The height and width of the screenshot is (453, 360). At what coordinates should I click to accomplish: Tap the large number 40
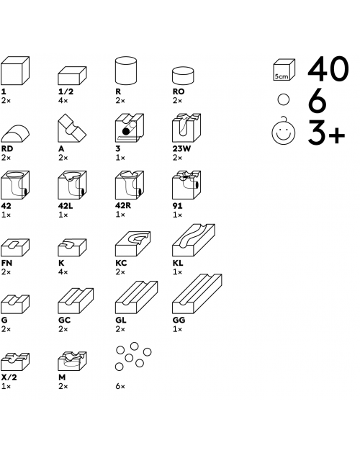coord(328,68)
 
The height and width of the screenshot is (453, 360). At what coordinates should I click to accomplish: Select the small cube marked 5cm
coord(284,70)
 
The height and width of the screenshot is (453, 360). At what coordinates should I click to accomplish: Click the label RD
coord(7,148)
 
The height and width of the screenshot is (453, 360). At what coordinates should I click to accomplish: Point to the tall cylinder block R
coord(126,71)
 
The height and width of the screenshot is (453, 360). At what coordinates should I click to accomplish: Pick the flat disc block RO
coord(183,76)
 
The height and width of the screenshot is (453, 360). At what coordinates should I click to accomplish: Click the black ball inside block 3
coord(126,132)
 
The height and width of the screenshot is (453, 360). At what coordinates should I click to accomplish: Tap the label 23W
coord(181,148)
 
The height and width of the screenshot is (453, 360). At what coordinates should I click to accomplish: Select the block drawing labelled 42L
coord(72,185)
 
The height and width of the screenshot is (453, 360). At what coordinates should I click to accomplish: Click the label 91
coord(177,206)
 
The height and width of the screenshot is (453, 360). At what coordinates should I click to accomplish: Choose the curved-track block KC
coord(133,244)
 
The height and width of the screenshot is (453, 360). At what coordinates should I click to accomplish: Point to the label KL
coord(178,263)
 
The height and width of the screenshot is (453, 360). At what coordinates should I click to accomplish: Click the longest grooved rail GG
coord(197,294)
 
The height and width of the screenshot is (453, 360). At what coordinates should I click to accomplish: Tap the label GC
coord(64,320)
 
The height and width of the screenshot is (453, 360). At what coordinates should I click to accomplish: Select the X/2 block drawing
coord(15,362)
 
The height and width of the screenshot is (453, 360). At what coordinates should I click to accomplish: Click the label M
coord(62,377)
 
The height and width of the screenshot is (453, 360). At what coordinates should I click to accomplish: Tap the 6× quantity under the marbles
coord(120,386)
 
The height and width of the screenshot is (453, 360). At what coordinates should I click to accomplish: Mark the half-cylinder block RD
coord(15,133)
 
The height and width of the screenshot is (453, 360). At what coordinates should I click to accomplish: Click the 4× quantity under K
coord(63,272)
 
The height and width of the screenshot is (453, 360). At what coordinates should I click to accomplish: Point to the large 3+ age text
coord(326,133)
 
